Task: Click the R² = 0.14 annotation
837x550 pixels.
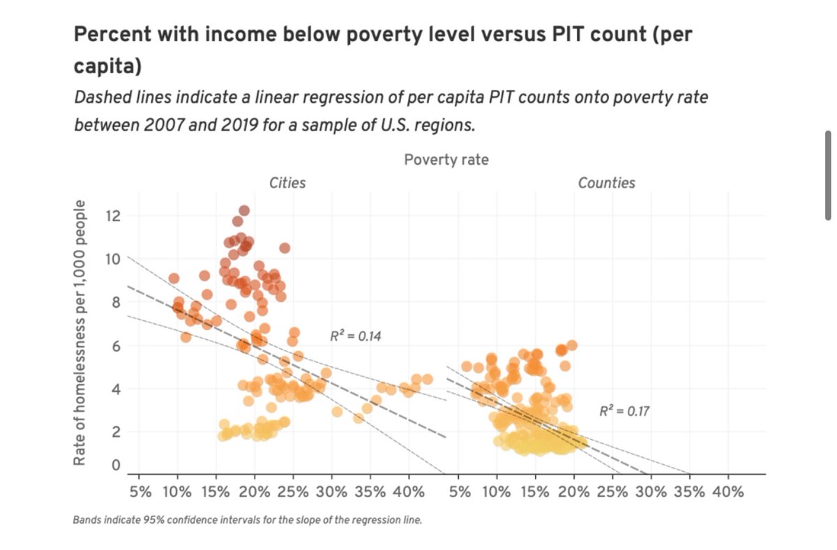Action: [356, 336]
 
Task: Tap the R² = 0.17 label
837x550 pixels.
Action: [624, 411]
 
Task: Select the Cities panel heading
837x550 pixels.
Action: [287, 183]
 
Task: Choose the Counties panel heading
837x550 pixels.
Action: [606, 183]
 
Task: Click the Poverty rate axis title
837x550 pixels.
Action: [446, 160]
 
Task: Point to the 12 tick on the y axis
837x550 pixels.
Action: [112, 216]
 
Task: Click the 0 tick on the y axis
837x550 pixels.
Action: [116, 465]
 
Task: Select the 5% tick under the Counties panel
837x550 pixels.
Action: [459, 491]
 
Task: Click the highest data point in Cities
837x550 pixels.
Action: [244, 211]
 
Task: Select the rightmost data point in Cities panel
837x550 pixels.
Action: [428, 379]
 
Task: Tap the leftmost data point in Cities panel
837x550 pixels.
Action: [174, 278]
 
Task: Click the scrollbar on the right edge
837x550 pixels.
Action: [828, 175]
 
